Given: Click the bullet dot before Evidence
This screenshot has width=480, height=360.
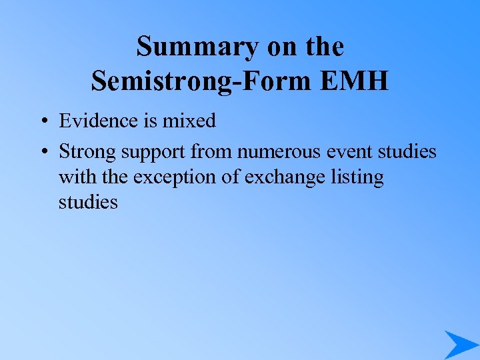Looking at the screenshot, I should click(x=42, y=121).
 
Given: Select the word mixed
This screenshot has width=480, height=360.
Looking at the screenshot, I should click(x=189, y=121).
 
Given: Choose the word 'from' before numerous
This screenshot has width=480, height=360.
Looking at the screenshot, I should click(x=208, y=152).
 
